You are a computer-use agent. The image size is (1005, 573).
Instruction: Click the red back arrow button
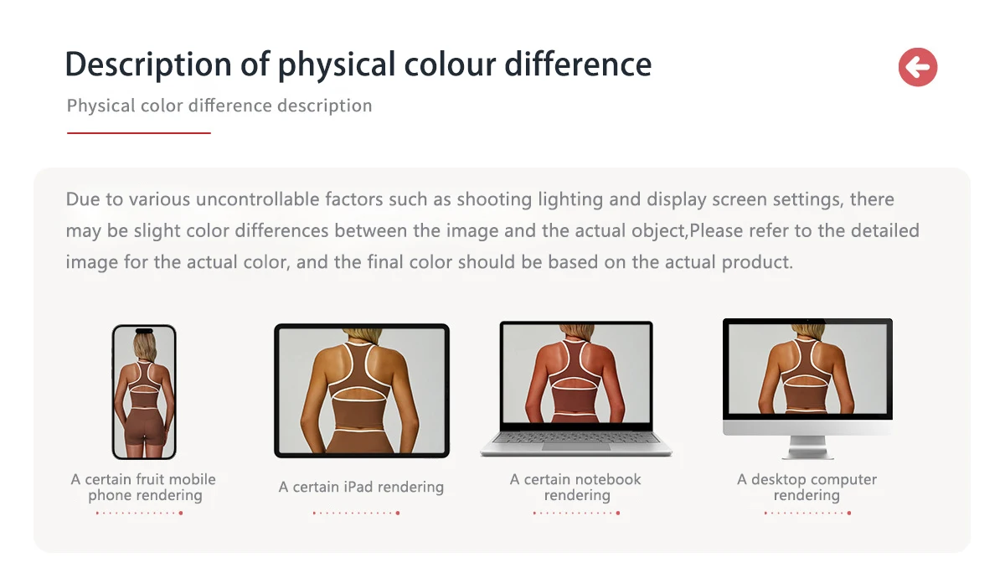point(918,67)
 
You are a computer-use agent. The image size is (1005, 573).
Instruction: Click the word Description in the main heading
point(148,65)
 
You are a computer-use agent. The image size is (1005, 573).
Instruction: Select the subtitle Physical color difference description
point(219,106)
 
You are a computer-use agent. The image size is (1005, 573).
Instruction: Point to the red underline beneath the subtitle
point(139,133)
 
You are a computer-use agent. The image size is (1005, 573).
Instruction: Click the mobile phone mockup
point(144,392)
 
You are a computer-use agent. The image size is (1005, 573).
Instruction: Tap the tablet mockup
point(362,390)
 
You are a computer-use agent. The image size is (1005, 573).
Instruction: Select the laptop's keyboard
point(576,437)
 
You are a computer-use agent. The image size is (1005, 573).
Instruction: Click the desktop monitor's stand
point(807,447)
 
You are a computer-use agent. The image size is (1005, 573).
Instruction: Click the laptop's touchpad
point(576,447)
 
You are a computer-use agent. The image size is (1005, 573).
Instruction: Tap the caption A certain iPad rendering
point(361,487)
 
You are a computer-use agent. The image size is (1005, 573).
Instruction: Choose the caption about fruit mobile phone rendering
point(143,488)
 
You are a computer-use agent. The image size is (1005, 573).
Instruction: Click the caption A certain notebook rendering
point(575,488)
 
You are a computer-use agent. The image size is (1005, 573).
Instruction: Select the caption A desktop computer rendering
point(807,488)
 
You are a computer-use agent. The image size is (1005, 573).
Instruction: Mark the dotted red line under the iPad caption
point(356,513)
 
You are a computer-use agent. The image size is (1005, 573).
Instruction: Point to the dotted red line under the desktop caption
point(807,513)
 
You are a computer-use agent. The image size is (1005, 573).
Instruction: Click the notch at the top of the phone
point(144,331)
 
